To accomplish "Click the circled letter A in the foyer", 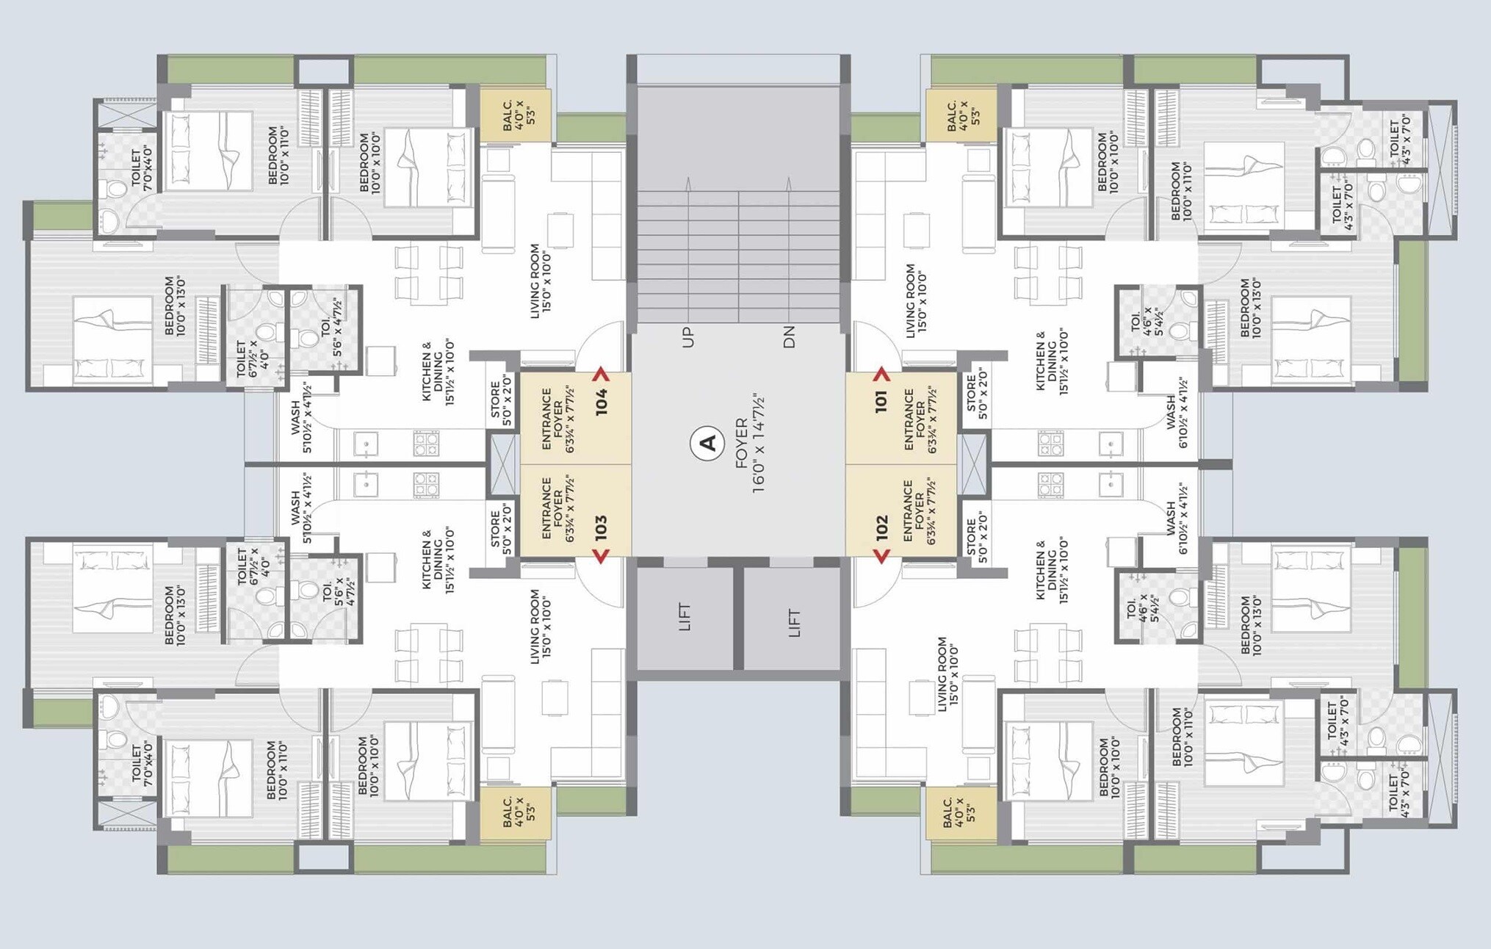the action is pyautogui.click(x=708, y=443).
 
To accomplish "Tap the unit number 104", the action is pyautogui.click(x=602, y=402).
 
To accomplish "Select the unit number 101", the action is pyautogui.click(x=881, y=402).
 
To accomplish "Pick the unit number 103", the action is pyautogui.click(x=602, y=528).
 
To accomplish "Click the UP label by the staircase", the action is pyautogui.click(x=687, y=338).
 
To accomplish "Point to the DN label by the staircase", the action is pyautogui.click(x=789, y=338).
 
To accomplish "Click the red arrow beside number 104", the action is pyautogui.click(x=602, y=373).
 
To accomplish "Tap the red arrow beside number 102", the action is pyautogui.click(x=881, y=556).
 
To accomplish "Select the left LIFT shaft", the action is pyautogui.click(x=685, y=618).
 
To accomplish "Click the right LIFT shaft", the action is pyautogui.click(x=793, y=618).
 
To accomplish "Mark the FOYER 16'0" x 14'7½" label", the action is pyautogui.click(x=750, y=443).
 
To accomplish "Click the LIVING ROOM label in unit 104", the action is pyautogui.click(x=535, y=281).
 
